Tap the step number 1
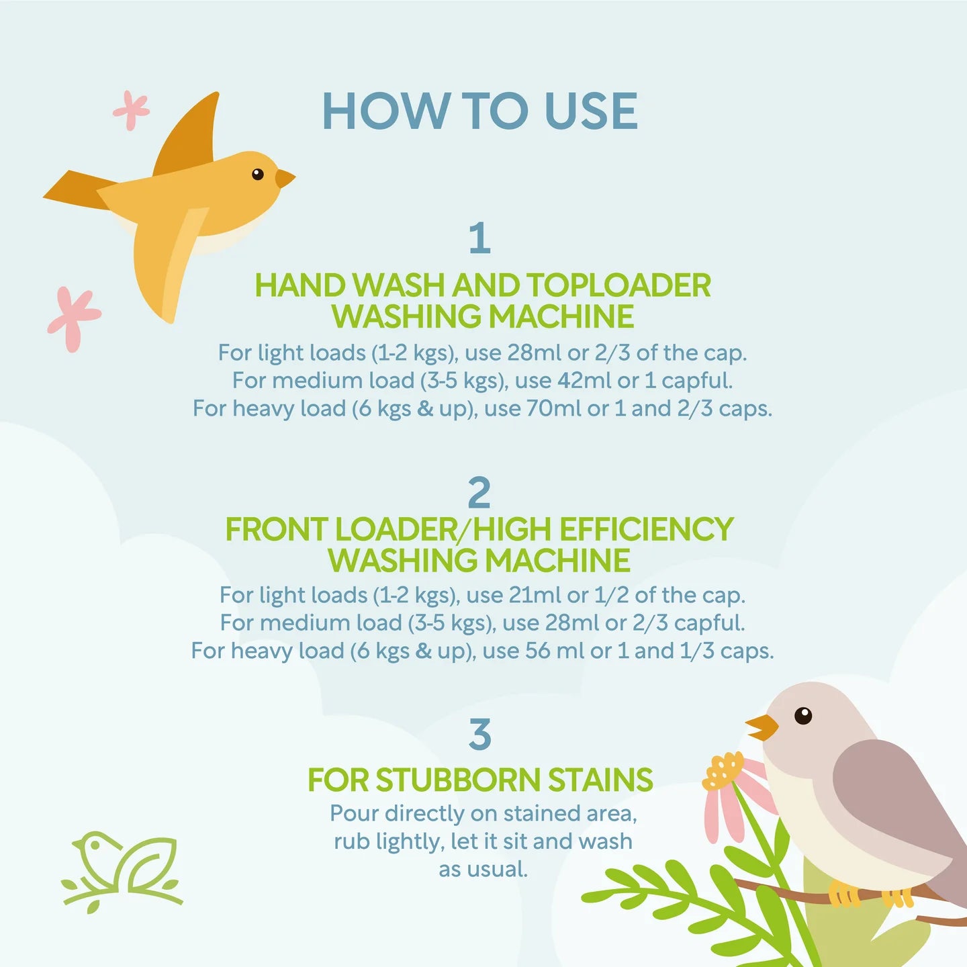click(x=479, y=238)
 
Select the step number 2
click(x=479, y=493)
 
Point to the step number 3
click(x=479, y=734)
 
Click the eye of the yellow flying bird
click(x=257, y=174)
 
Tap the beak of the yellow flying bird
click(x=285, y=178)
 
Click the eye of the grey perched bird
click(x=803, y=715)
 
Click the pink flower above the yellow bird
click(x=131, y=110)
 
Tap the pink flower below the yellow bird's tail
click(x=74, y=318)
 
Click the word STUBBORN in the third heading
click(x=458, y=780)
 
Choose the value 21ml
click(x=535, y=595)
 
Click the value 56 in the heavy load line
click(x=537, y=651)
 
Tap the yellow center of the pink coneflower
click(x=723, y=772)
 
